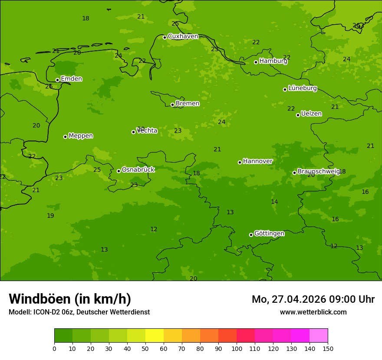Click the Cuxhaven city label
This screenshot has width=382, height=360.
pos(183,36)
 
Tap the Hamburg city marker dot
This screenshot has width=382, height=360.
pos(256,62)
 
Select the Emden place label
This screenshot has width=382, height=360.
pos(71,79)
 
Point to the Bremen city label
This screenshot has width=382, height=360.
pos(188,104)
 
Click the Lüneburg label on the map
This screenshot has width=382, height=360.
pos(303,88)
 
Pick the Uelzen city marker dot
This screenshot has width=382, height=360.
pos(298,115)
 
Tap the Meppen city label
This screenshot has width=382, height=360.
pos(81,136)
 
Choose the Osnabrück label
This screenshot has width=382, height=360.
pos(138,170)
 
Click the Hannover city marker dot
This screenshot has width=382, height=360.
pos(240,162)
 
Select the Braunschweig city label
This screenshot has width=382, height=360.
pos(319,172)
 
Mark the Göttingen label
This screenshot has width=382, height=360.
pos(269,234)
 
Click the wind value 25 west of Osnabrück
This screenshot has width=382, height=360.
pos(97,170)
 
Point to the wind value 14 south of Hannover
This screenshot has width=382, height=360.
pos(274,202)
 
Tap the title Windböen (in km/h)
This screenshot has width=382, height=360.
pos(70,299)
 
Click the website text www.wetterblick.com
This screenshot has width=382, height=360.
pos(313,312)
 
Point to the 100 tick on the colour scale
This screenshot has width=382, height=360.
pos(237,348)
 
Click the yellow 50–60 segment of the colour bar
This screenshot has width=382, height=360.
pos(155,336)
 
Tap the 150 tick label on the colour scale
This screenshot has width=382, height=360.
pos(328,348)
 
